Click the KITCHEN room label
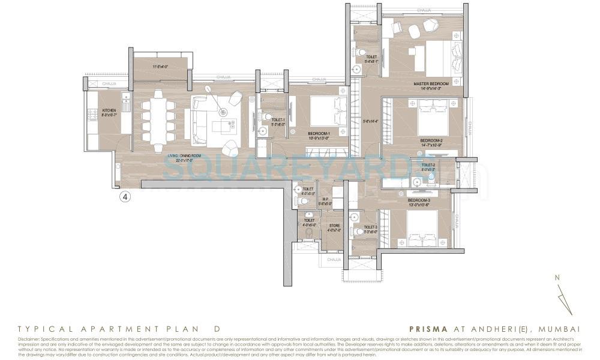pos(109,110)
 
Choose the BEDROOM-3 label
pos(419,200)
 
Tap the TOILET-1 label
pos(278,120)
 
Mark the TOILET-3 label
pos(370,227)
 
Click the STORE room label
pos(334,226)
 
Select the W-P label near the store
pos(325,199)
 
